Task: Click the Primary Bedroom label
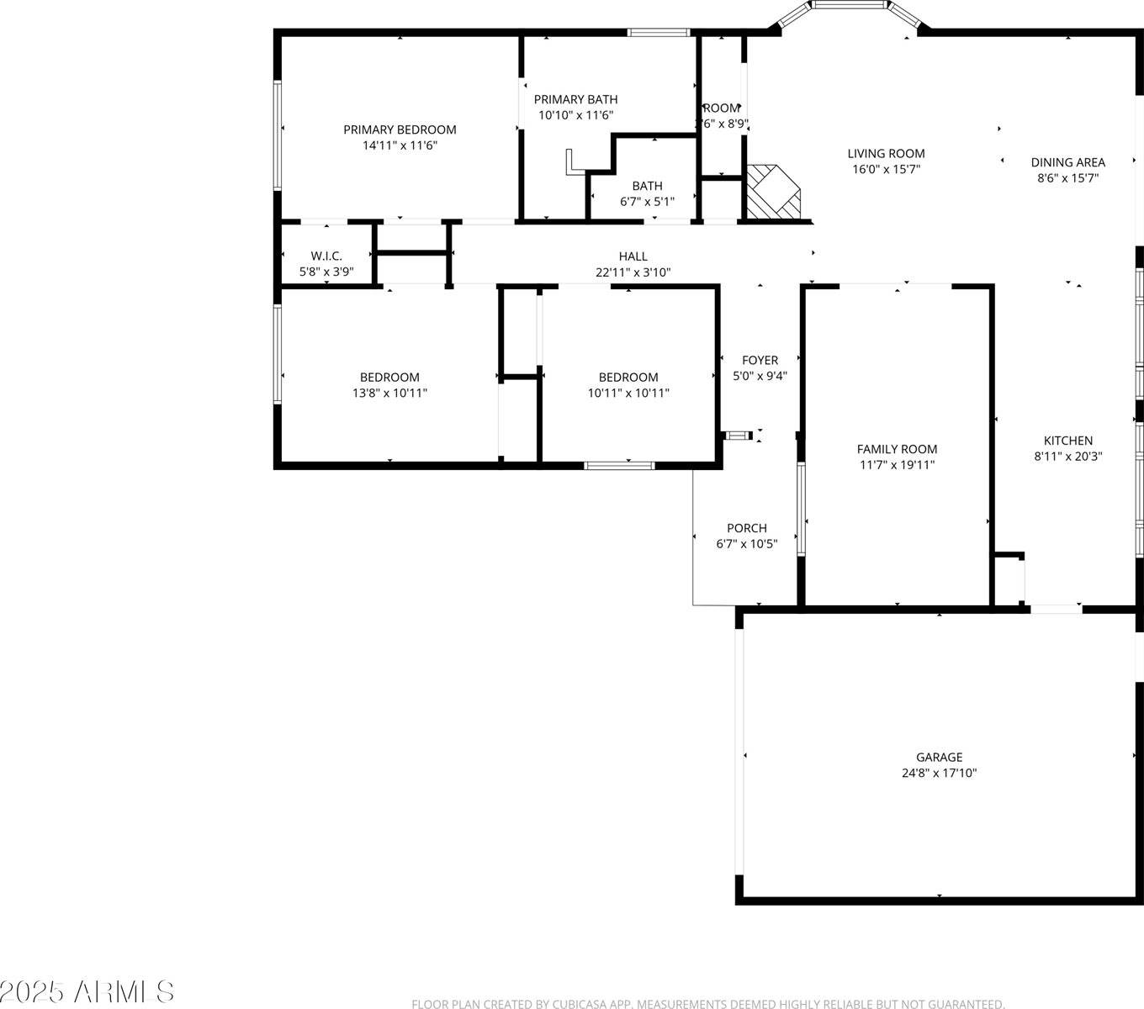coord(400,129)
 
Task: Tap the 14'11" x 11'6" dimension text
coord(400,145)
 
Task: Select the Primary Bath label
coord(575,99)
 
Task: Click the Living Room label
coord(886,153)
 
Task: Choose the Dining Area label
coord(1067,162)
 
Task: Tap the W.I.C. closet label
coord(326,256)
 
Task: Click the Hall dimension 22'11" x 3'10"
coord(633,272)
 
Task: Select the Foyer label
coord(760,360)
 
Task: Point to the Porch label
coord(747,528)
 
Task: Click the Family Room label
coord(897,449)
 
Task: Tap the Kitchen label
coord(1067,441)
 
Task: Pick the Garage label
coord(939,757)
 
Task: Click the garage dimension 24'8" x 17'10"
coord(939,774)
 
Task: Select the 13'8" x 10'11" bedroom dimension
coord(389,393)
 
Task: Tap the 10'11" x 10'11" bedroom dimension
coord(628,393)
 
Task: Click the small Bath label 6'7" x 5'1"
coord(647,186)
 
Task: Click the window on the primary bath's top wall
coord(659,33)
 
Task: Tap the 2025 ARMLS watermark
coord(87,991)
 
